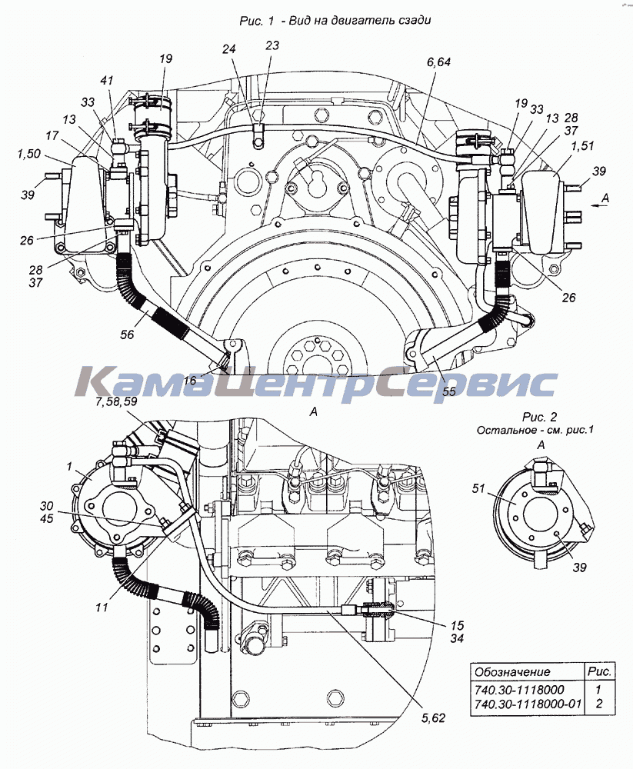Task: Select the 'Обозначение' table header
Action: pyautogui.click(x=512, y=672)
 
